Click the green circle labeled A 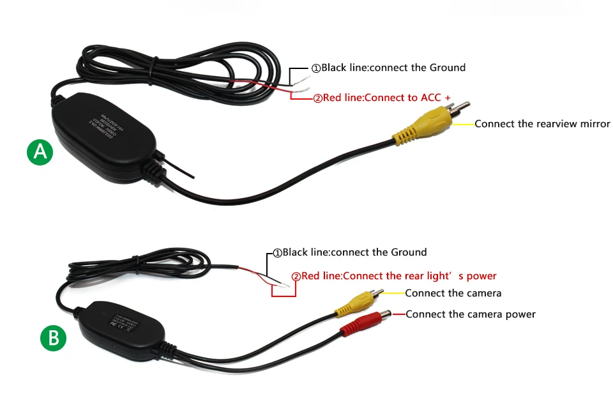[x=40, y=152]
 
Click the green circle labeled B [x=53, y=338]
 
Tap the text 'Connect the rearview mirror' [x=542, y=124]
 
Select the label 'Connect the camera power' [x=471, y=314]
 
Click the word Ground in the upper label [x=447, y=67]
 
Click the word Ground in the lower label [x=408, y=252]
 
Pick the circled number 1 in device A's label [x=315, y=68]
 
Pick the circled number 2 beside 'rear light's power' [x=296, y=277]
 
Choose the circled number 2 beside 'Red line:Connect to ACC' [x=317, y=99]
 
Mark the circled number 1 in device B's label [x=277, y=253]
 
